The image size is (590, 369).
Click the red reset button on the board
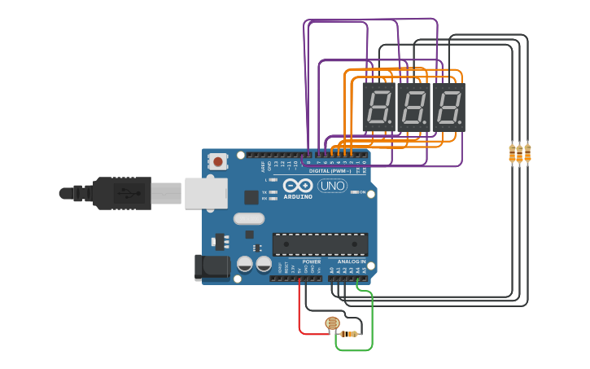point(217,160)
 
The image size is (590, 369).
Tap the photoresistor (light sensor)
point(332,323)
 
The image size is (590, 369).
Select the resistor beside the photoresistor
point(351,334)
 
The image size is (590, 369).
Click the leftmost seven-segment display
point(378,107)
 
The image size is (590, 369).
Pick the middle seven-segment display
point(413,107)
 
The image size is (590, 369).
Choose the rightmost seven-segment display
point(448,107)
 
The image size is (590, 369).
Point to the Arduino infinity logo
point(299,186)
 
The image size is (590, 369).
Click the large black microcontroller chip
point(320,243)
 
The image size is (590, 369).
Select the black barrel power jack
point(209,267)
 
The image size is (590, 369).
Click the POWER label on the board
point(311,261)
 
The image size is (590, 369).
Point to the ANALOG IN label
point(352,261)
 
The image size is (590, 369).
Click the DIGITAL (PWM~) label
point(329,171)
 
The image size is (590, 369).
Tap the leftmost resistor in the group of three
point(513,153)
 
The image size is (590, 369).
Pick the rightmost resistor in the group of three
point(527,152)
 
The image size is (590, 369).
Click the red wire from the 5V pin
point(300,314)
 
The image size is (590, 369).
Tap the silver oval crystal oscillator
point(249,218)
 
